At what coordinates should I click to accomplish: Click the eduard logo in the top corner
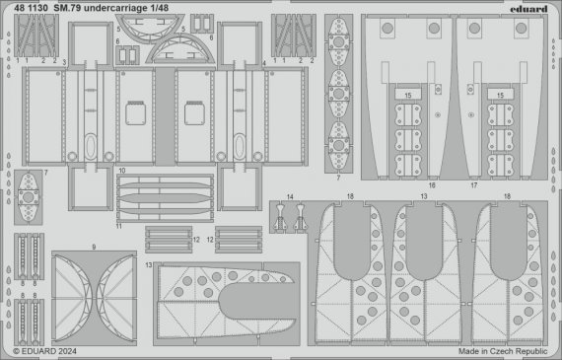tap(529, 8)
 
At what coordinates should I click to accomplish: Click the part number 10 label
tap(121, 170)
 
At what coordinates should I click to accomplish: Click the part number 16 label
tap(431, 184)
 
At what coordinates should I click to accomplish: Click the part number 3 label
tap(64, 61)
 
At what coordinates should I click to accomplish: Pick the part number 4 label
tap(264, 61)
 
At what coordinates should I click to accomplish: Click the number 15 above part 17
tap(500, 96)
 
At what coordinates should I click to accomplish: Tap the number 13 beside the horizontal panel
tap(148, 266)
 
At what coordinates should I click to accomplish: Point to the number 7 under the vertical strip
tap(338, 178)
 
